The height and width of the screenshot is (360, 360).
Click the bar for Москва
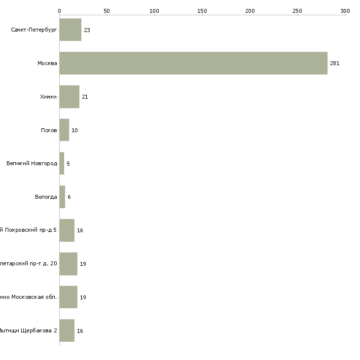point(193,63)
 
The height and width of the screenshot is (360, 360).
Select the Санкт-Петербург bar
point(70,30)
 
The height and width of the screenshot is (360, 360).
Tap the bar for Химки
point(69,97)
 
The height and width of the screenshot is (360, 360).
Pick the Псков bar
point(64,130)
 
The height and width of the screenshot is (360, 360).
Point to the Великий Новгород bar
point(62,163)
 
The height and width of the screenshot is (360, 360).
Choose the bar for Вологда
point(62,197)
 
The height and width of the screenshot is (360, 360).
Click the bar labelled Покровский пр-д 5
point(67,230)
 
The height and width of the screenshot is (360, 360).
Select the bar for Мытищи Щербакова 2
point(67,330)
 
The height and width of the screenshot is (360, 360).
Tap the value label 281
point(335,64)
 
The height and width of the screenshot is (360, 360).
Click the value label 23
point(87,30)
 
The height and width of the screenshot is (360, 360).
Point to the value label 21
point(85,97)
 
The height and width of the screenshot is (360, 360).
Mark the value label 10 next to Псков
point(74,130)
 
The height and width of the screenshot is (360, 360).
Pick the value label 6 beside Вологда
point(69,197)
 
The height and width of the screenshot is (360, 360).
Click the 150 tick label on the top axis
point(202,11)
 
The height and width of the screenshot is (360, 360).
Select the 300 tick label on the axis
point(345,11)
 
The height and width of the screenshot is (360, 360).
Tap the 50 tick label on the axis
point(107,11)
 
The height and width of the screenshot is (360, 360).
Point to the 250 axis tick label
point(297,11)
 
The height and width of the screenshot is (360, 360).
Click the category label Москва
point(47,63)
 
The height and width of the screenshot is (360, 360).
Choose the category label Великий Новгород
point(32,163)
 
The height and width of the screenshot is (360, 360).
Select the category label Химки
point(48,97)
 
